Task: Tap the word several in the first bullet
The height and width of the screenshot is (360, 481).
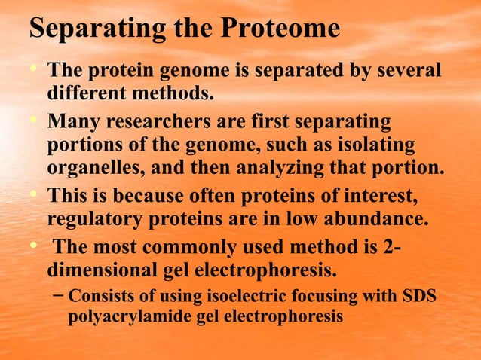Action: tap(405, 72)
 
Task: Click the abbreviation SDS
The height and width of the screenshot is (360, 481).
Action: tap(420, 295)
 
